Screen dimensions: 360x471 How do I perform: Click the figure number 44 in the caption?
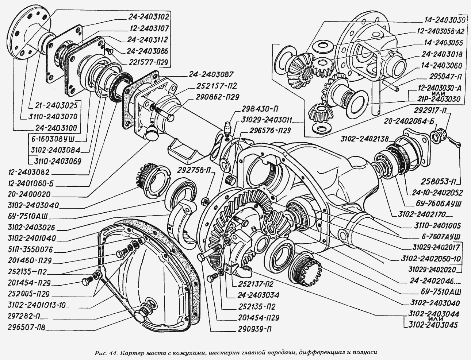coord(112,353)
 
